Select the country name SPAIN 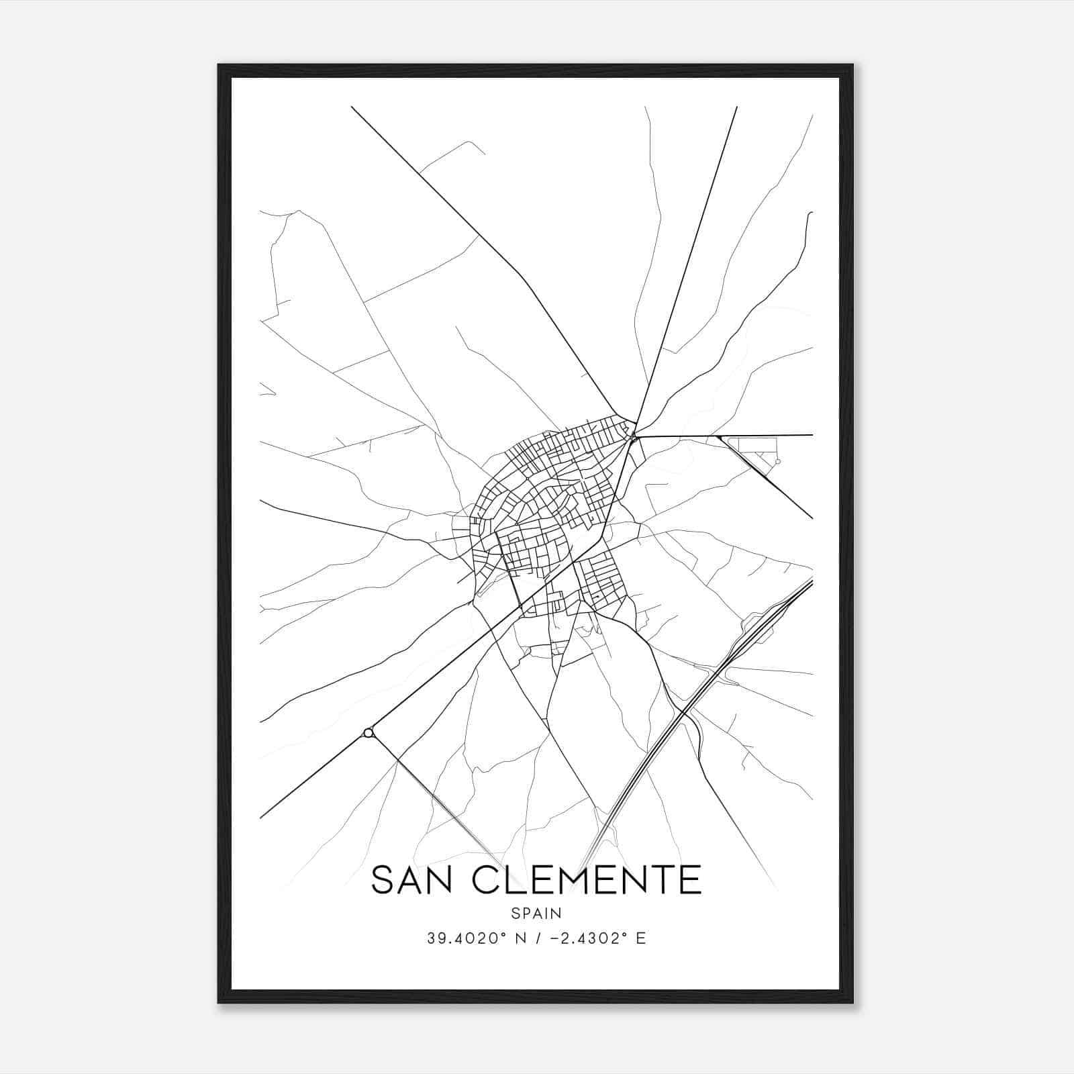click(x=536, y=913)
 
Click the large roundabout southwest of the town click(x=367, y=732)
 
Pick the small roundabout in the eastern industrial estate click(x=777, y=462)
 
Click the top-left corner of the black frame click(x=219, y=66)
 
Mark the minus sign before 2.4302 click(x=555, y=938)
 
